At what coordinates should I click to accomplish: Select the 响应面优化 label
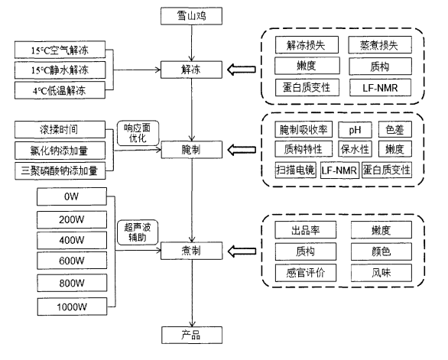tap(136, 131)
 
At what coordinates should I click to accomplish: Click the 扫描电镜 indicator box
tap(295, 169)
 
